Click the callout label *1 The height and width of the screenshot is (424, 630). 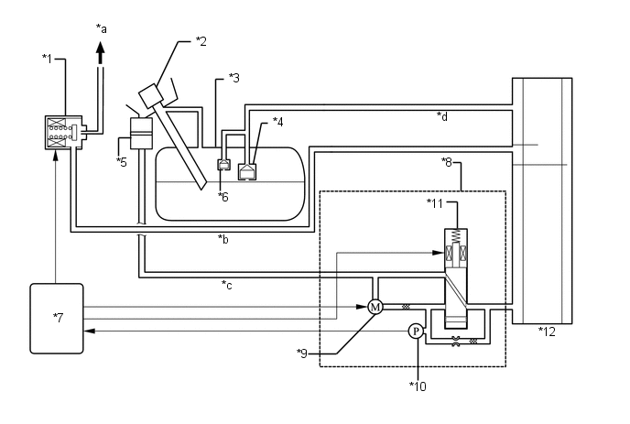pos(47,59)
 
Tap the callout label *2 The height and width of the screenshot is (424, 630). pos(201,41)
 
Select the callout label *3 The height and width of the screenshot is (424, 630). pos(234,78)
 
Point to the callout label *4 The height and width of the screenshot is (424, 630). pos(277,122)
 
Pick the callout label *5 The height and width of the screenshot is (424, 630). pos(122,162)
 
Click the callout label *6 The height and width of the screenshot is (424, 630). pos(223,197)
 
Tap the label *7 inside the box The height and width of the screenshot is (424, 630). pos(59,318)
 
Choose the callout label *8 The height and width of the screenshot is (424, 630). pos(447,162)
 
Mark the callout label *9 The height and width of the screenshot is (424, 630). pos(302,353)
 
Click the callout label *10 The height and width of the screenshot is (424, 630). pos(418,386)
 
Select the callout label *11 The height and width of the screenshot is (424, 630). pos(434,204)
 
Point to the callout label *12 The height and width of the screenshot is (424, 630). pos(547,332)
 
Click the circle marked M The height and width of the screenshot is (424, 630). pos(375,308)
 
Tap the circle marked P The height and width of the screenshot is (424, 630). pos(416,332)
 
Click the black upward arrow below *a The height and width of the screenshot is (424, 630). pos(101,53)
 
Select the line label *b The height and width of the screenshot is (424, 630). pos(223,239)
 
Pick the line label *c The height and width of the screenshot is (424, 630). pos(226,285)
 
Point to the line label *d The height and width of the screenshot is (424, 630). pos(442,116)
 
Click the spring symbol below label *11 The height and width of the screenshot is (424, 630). pos(456,235)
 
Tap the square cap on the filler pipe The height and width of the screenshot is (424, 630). pos(151,95)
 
